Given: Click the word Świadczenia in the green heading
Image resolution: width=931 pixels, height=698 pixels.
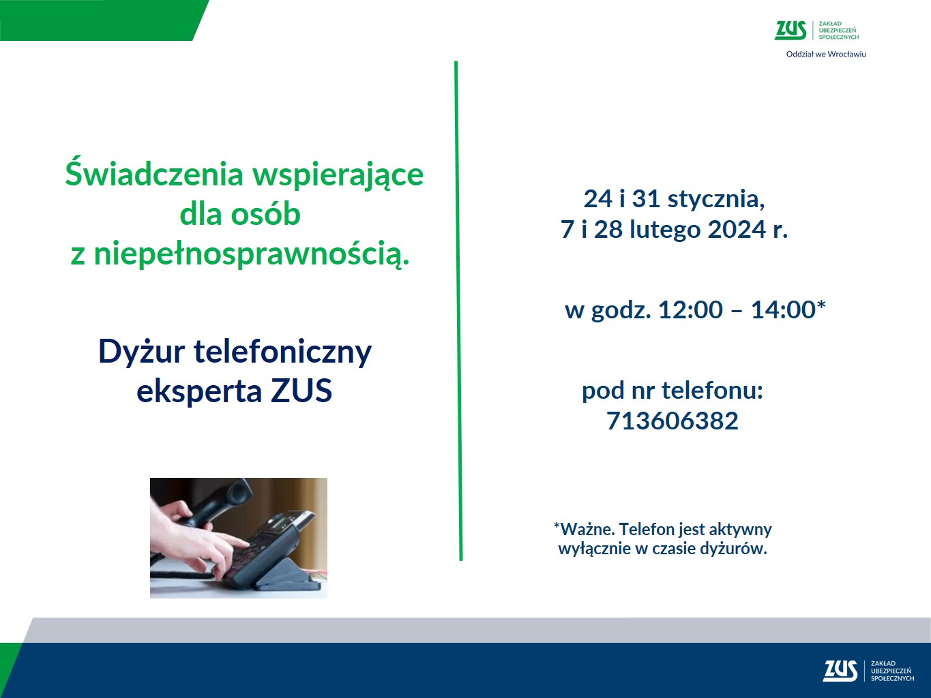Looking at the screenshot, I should pos(154,174).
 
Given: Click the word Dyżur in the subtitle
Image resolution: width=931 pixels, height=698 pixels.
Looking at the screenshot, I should pos(141,352).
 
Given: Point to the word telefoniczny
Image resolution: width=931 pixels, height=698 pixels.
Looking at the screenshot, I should pos(282,352).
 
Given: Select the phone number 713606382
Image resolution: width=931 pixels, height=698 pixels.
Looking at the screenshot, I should pos(672,421).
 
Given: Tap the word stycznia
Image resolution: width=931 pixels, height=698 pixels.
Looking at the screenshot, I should pos(715,199).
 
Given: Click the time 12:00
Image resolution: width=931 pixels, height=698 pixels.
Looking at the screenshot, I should pos(690,309).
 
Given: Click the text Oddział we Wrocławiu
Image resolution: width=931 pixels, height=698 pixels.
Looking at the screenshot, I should pos(825,54).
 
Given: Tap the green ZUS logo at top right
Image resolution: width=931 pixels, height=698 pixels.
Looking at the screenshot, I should pos(790,31).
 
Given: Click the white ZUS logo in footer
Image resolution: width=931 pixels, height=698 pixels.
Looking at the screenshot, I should pos(840,671).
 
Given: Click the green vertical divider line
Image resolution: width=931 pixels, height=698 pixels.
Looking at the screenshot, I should pos(458,311).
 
